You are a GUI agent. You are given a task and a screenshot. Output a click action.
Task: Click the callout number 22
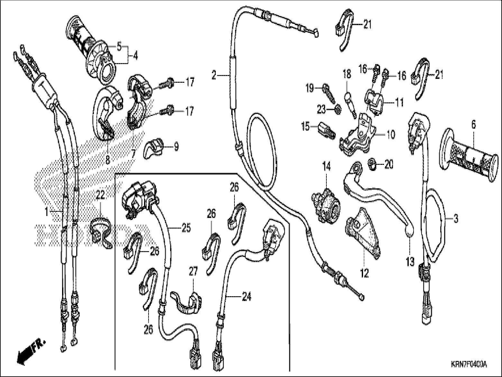point(100,195)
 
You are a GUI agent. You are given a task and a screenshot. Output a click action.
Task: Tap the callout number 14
point(326,166)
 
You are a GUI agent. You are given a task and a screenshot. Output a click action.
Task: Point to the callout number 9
point(176,147)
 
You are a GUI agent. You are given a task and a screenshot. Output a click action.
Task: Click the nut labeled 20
point(372,165)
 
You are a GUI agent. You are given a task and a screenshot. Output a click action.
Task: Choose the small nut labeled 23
point(338,110)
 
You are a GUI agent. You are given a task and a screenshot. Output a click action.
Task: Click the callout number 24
point(246,297)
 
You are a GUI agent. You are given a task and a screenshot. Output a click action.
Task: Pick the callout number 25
point(186,228)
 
